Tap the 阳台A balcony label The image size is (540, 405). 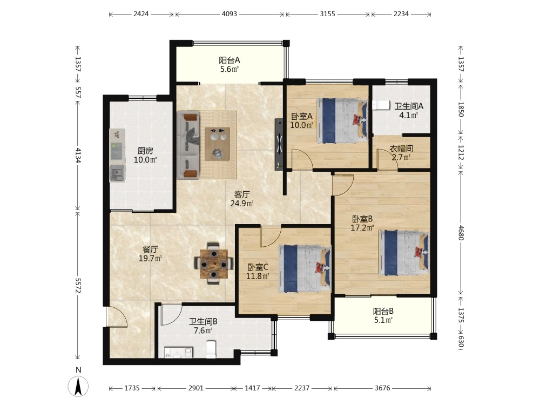230,60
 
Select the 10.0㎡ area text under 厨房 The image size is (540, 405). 145,160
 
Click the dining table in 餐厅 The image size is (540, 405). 213,264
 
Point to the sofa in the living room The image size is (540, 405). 188,145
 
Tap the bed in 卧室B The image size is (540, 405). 404,253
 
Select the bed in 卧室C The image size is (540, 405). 305,268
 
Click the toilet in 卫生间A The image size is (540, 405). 381,105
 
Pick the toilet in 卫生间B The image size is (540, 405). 211,349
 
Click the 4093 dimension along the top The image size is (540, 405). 230,14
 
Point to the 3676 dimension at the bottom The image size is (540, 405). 382,388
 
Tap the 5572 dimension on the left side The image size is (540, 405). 78,286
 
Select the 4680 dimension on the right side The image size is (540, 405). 461,233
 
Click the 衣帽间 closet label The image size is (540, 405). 401,149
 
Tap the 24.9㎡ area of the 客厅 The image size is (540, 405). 242,204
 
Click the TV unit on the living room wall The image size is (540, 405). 279,144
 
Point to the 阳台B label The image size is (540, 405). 383,312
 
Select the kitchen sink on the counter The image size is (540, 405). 117,173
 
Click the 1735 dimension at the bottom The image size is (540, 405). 132,388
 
